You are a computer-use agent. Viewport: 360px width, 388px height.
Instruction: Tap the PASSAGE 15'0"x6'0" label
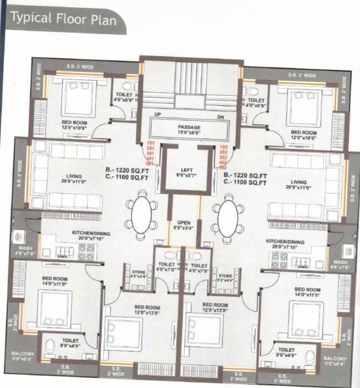(189, 130)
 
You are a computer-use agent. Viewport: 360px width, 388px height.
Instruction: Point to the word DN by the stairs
(220, 118)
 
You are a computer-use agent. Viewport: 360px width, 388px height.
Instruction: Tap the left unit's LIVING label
(74, 179)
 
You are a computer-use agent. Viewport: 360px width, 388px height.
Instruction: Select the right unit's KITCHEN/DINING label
(285, 244)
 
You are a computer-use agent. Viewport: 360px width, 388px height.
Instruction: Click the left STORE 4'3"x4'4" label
(139, 274)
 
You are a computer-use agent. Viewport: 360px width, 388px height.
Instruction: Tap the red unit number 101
(150, 144)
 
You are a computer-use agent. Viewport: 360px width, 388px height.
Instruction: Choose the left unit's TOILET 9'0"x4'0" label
(69, 343)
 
